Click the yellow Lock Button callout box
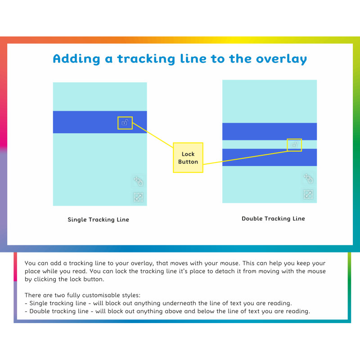[x=188, y=157]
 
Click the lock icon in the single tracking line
[x=125, y=123]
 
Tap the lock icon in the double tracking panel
[x=294, y=145]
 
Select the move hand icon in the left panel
[x=139, y=181]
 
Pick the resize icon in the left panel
[x=138, y=197]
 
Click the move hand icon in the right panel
[x=308, y=178]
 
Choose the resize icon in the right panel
[x=308, y=194]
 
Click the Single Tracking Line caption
[x=98, y=220]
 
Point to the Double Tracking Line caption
[x=273, y=219]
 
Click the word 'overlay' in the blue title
[x=282, y=59]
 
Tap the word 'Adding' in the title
[x=76, y=59]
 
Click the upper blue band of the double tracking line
[x=270, y=131]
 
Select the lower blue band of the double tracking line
[x=270, y=157]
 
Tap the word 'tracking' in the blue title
[x=146, y=59]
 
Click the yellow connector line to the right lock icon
[x=245, y=158]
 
